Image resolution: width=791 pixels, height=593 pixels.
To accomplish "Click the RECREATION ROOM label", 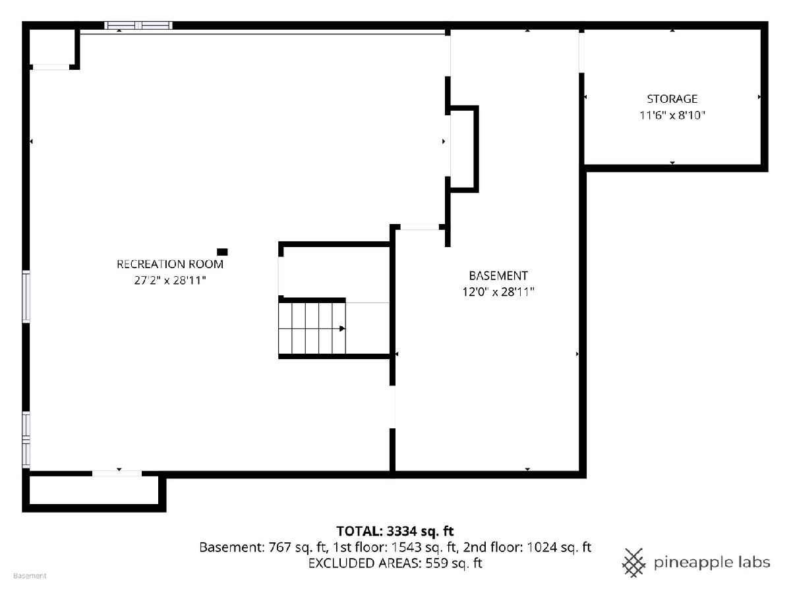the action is point(170,264).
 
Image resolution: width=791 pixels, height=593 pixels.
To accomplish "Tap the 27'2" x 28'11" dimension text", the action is point(170,280).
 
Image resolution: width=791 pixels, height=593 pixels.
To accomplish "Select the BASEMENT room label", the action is point(498,276).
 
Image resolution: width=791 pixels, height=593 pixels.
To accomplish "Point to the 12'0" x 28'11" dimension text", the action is point(498,292).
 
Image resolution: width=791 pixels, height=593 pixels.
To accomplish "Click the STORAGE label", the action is point(672,99).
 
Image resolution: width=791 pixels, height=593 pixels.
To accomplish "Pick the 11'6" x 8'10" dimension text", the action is point(672,115).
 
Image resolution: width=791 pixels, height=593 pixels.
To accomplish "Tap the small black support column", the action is point(222,252).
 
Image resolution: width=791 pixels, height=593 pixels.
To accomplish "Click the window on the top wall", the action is point(138,26).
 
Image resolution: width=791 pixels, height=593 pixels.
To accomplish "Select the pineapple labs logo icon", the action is point(634,563).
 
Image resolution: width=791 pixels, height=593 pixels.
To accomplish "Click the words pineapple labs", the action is point(712,563).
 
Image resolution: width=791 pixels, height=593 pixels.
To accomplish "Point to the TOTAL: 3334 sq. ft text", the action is point(395,531).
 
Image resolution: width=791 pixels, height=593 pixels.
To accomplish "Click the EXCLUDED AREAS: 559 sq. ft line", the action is point(395,563).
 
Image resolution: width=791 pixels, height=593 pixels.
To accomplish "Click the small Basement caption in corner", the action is point(30,576).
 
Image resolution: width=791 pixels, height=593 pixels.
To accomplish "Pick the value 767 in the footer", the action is point(280,548).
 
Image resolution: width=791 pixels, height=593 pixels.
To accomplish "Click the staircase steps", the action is point(312,328).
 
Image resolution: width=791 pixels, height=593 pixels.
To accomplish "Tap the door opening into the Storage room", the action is point(581,53).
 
